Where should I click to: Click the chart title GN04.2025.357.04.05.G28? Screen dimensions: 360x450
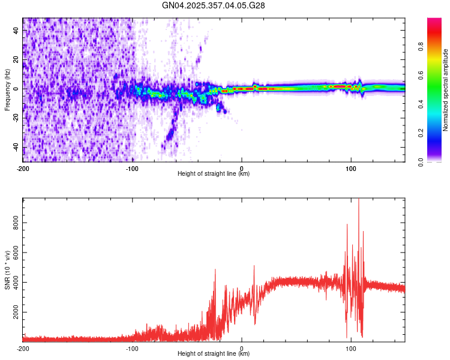click(214, 5)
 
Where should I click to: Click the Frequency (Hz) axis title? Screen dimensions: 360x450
click(8, 90)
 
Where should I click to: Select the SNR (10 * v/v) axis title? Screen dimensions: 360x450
click(8, 269)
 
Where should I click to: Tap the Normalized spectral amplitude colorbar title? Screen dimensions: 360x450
click(446, 90)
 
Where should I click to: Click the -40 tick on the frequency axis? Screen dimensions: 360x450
click(16, 148)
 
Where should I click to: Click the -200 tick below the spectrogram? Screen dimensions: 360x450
click(23, 167)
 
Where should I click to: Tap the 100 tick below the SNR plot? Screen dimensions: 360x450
click(351, 347)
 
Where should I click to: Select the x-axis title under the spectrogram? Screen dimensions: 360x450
click(214, 174)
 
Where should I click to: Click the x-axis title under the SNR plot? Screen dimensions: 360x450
click(214, 354)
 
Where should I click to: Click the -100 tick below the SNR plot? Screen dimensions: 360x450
click(132, 347)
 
